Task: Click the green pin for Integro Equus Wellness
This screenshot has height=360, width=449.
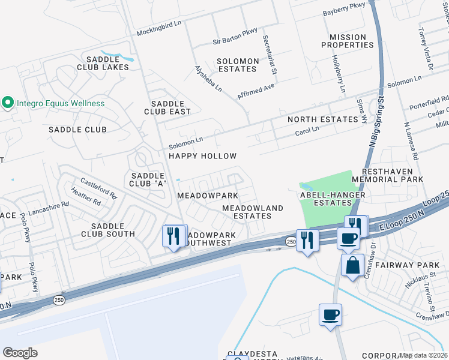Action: (x=8, y=103)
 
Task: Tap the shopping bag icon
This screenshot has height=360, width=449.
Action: (x=352, y=265)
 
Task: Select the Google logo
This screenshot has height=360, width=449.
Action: (x=20, y=352)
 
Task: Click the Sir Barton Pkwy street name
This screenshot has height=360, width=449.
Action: (x=235, y=42)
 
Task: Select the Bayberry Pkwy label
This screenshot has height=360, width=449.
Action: (x=344, y=5)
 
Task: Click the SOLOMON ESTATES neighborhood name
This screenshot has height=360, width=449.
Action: (x=238, y=65)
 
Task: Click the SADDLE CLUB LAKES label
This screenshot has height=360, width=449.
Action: (x=107, y=63)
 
